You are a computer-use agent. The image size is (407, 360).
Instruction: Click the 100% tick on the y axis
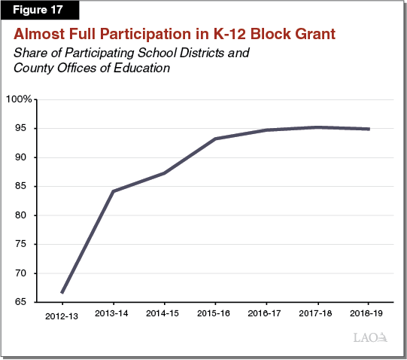click(18, 99)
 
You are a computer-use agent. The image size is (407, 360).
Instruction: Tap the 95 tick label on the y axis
click(22, 129)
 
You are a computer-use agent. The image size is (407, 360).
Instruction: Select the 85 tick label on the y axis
click(22, 186)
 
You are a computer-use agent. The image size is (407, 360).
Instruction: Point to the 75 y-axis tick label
click(22, 244)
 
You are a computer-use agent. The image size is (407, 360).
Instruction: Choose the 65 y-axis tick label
click(22, 302)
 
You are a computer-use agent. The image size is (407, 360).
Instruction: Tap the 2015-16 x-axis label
click(215, 312)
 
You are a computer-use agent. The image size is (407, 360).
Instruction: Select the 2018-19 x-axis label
click(369, 312)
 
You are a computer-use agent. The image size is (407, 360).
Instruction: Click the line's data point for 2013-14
click(113, 191)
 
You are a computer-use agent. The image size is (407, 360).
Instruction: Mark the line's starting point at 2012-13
click(62, 292)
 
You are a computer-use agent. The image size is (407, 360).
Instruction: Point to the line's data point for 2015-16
click(215, 139)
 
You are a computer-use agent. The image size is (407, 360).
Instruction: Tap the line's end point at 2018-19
click(369, 129)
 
